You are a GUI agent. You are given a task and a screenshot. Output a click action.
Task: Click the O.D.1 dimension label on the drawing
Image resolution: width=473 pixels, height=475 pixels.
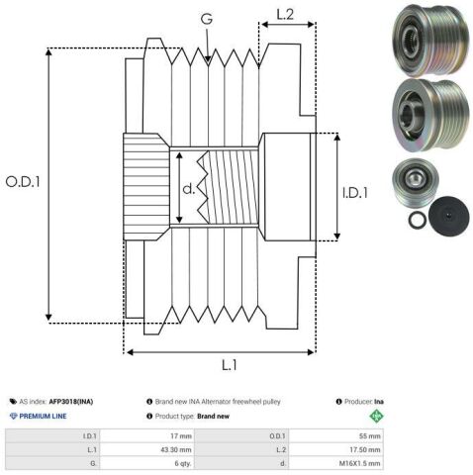click(x=23, y=182)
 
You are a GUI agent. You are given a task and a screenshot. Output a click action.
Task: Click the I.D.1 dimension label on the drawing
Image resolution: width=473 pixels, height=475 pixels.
click(x=355, y=193)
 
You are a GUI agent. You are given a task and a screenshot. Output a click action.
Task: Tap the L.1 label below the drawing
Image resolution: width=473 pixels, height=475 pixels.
click(x=230, y=365)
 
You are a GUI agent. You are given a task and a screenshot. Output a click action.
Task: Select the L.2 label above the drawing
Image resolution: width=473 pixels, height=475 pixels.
click(x=285, y=14)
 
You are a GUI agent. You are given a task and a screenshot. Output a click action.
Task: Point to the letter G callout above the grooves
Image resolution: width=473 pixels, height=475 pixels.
click(x=207, y=19)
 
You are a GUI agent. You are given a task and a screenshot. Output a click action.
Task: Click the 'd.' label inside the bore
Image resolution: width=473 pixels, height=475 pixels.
click(x=189, y=189)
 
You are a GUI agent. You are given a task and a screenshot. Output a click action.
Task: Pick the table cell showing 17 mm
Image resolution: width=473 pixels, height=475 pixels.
click(x=181, y=436)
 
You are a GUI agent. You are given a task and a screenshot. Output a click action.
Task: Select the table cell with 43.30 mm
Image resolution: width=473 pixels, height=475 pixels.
click(x=176, y=449)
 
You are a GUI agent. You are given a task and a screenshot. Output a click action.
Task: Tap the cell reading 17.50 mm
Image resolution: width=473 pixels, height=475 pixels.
click(x=365, y=449)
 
